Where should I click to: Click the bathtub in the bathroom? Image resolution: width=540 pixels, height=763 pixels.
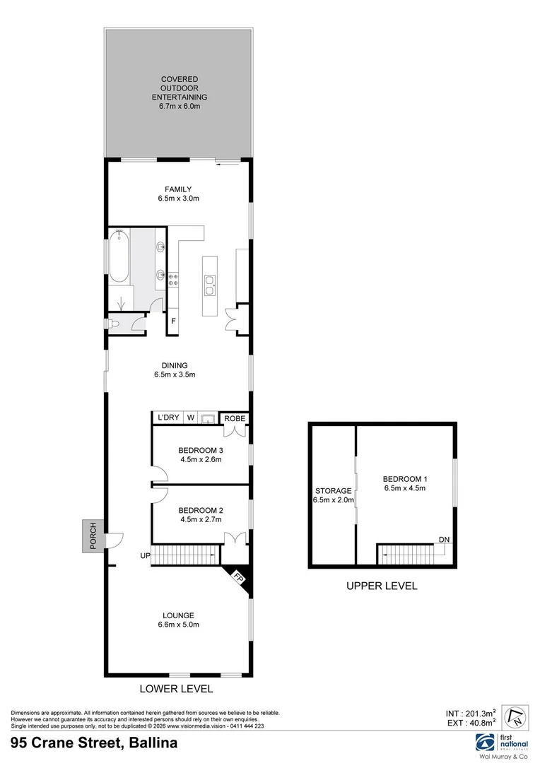(119, 256)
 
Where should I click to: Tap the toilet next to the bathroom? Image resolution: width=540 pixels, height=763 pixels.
(114, 324)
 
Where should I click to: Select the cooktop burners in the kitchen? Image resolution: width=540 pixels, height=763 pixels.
(173, 279)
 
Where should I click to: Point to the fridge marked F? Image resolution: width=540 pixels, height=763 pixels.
(173, 321)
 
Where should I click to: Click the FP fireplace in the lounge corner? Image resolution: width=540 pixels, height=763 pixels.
(239, 579)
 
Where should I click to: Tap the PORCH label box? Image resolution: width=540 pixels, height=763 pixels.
(93, 536)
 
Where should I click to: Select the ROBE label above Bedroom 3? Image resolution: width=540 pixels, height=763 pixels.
(235, 418)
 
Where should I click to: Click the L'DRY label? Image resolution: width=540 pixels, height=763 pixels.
(168, 418)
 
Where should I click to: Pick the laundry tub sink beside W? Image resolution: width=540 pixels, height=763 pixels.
(209, 418)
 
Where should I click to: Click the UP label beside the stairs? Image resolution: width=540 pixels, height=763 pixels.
(145, 555)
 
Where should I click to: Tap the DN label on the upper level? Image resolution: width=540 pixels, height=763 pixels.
(444, 540)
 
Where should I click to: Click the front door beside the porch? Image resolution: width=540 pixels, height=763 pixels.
(115, 540)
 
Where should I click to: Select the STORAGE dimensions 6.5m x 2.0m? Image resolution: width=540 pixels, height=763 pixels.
(334, 499)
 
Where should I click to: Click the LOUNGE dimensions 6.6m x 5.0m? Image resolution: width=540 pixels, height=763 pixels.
(179, 625)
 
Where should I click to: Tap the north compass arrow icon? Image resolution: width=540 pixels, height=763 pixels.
(515, 716)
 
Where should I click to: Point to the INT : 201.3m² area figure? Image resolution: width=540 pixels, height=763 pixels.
(470, 714)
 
